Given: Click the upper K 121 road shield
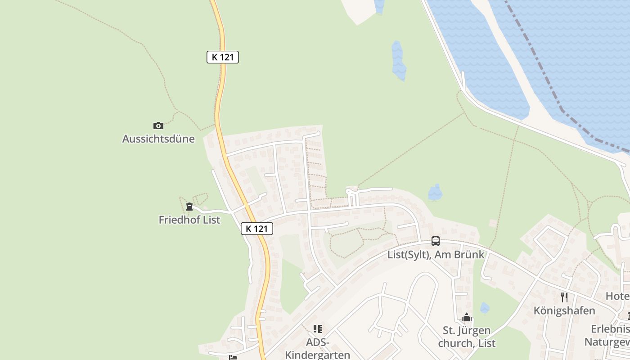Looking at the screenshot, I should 222,57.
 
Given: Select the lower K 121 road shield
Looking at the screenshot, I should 257,229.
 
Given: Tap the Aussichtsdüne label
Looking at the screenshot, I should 158,139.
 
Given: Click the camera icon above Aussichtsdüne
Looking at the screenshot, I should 158,126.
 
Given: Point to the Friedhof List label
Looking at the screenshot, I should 189,220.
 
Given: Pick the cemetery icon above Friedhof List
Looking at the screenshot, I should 189,207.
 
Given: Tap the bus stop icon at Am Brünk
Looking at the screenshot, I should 436,241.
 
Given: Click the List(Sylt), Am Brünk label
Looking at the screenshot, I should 436,254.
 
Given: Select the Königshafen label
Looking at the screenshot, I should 564,310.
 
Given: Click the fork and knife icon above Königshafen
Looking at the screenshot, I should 564,297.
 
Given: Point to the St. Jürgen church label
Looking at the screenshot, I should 469,337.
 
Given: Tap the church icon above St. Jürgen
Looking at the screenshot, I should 467,318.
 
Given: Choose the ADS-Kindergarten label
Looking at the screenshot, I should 318,348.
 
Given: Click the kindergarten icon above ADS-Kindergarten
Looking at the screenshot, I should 318,329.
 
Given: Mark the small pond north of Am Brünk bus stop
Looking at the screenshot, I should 435,193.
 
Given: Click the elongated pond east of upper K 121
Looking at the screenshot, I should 398,61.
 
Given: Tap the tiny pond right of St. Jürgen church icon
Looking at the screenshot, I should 484,308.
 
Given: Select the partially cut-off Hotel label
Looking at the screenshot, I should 617,296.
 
